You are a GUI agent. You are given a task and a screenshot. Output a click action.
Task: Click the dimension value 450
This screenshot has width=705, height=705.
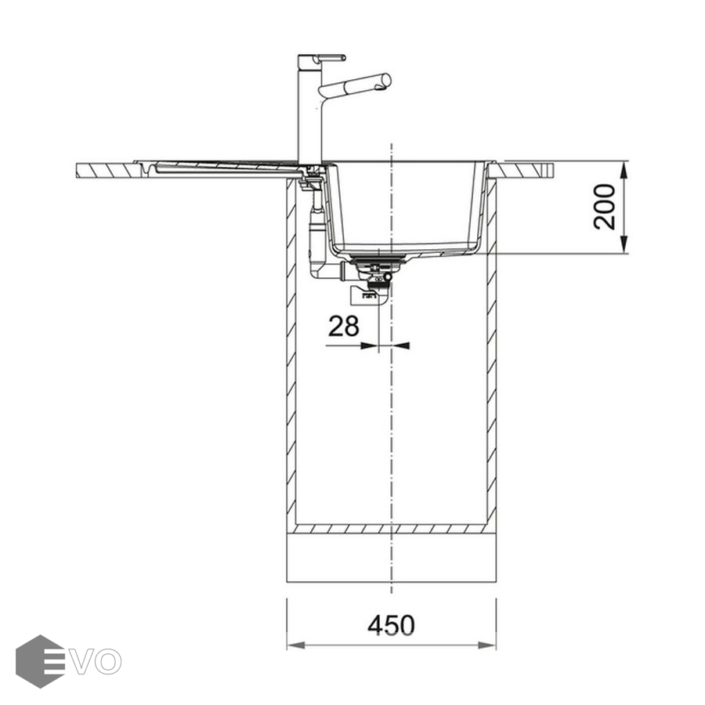point(391,625)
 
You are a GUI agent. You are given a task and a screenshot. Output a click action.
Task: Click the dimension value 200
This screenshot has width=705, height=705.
point(604,207)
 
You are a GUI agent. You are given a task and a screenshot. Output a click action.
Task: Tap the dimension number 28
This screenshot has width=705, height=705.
point(344,326)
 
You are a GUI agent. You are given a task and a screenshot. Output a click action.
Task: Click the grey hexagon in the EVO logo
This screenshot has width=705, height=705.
point(40,661)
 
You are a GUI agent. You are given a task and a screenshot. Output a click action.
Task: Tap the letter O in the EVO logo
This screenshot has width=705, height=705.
point(107,662)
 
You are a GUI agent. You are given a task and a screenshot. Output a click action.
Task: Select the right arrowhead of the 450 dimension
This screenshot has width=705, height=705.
point(487,645)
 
